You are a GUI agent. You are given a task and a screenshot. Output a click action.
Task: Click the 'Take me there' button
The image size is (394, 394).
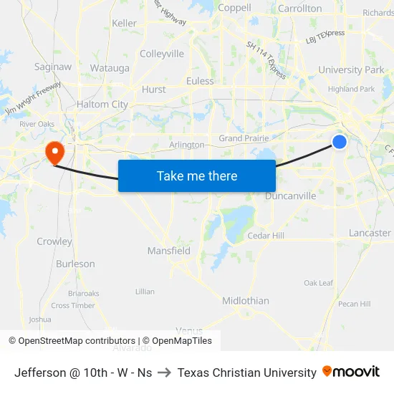pos(197,176)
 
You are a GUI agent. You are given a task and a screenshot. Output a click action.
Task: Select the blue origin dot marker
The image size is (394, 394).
pos(340,142)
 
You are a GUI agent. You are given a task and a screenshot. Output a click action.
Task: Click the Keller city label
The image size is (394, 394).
pos(124,24)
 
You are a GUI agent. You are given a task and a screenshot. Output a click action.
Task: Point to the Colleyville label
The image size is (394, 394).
pos(162,54)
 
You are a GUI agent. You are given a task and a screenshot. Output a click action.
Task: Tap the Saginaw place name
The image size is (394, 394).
pos(53,67)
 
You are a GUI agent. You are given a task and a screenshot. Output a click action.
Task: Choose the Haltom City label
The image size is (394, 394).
pos(102,105)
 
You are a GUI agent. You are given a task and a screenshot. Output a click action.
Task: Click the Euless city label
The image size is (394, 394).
pos(200,81)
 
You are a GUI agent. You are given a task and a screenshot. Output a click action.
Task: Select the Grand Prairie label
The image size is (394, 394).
pos(244,138)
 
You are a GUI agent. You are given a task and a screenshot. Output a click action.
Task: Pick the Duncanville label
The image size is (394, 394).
pos(290,196)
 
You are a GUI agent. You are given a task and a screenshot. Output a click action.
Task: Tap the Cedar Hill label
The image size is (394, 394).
pos(266,236)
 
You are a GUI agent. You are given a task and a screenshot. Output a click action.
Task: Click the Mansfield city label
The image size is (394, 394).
pos(169,251)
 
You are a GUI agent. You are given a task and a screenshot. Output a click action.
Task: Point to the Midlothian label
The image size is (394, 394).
pos(246,301)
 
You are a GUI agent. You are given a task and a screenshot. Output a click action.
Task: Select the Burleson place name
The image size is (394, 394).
pos(75,264)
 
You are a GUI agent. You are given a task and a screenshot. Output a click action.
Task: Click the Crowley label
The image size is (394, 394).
pos(54,241)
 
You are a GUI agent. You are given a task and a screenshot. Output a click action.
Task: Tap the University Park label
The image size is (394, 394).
pos(351,70)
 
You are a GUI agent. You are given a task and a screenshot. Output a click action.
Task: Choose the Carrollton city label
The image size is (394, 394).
pos(299,9)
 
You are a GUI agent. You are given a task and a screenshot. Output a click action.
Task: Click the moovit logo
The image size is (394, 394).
pos(351,372)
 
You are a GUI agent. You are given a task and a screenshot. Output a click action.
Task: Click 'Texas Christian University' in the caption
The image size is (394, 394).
pos(246,373)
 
